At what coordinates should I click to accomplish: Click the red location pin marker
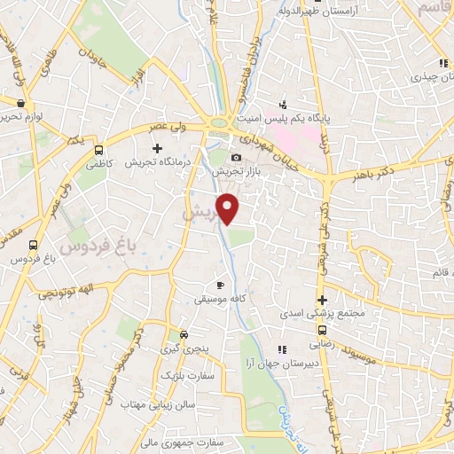tap(229, 207)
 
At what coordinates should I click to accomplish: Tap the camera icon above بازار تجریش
tap(236, 157)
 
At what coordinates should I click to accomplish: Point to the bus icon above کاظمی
tap(98, 150)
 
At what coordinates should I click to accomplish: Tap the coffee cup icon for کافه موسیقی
tap(221, 285)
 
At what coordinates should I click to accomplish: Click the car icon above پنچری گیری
tap(184, 335)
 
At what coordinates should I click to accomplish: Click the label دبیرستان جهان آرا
tap(301, 364)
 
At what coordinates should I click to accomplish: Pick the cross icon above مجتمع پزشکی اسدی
tap(323, 301)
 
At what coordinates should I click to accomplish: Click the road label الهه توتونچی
tap(69, 291)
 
